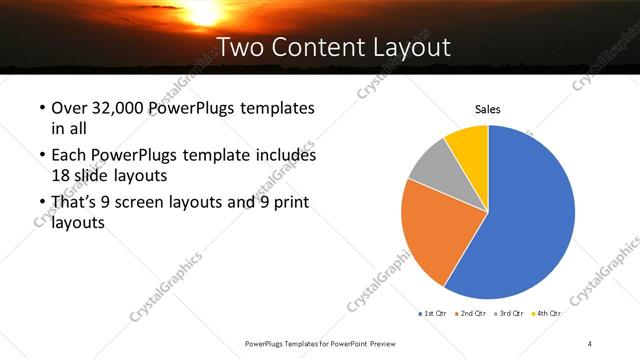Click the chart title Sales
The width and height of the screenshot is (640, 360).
point(487,110)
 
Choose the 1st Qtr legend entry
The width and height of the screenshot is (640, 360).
point(433,313)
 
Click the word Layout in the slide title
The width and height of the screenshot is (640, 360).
point(412,46)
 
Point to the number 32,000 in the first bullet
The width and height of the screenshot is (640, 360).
point(117,107)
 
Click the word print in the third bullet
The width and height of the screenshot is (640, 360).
point(290,202)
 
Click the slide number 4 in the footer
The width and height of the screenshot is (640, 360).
point(590,344)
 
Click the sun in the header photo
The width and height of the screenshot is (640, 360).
point(205,10)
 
